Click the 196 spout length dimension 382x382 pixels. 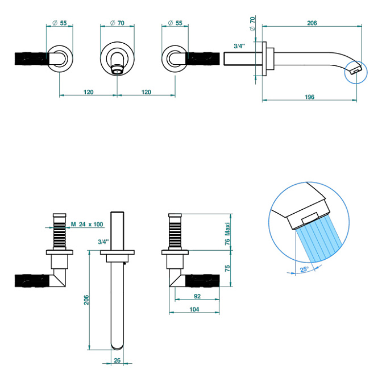(309, 97)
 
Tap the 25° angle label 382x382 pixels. (304, 269)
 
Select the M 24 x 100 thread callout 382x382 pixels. (87, 224)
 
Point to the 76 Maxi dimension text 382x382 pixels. (227, 234)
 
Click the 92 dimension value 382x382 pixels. (197, 296)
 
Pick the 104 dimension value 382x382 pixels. (194, 309)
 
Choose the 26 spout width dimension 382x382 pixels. (117, 360)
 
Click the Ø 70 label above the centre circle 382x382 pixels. (117, 23)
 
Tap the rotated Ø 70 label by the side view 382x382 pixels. (252, 24)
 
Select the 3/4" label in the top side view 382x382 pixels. (239, 46)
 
